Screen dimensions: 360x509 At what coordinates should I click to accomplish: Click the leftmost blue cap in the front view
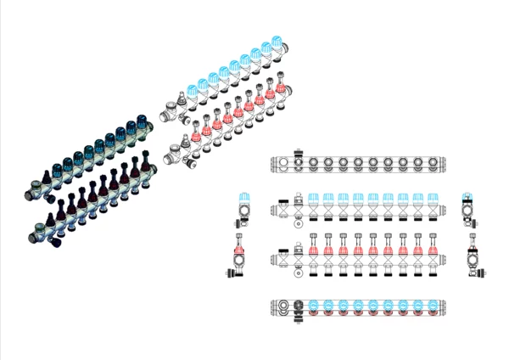point(313,198)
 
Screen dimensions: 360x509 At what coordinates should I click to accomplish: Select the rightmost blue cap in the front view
point(433,198)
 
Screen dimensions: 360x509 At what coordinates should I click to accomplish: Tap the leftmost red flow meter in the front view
point(313,251)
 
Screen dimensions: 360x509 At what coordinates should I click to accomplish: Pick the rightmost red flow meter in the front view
point(433,251)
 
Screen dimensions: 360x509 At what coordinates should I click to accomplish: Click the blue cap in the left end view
point(244,197)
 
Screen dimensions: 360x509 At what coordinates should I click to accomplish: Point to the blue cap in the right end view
point(467,197)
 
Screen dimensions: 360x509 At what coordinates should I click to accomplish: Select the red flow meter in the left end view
point(240,251)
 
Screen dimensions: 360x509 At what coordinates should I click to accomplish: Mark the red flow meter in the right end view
point(472,251)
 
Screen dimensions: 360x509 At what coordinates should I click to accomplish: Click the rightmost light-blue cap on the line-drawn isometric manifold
point(277,43)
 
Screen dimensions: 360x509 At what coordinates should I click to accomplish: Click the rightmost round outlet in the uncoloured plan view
point(432,161)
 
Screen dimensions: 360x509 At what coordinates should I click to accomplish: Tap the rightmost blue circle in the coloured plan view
point(433,306)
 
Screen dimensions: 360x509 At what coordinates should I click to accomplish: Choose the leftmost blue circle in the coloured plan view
point(313,306)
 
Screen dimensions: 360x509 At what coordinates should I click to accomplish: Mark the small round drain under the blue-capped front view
point(298,225)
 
